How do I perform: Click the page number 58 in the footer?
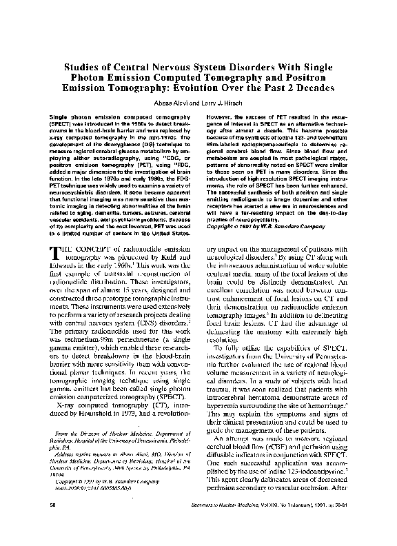pyautogui.click(x=43, y=525)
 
